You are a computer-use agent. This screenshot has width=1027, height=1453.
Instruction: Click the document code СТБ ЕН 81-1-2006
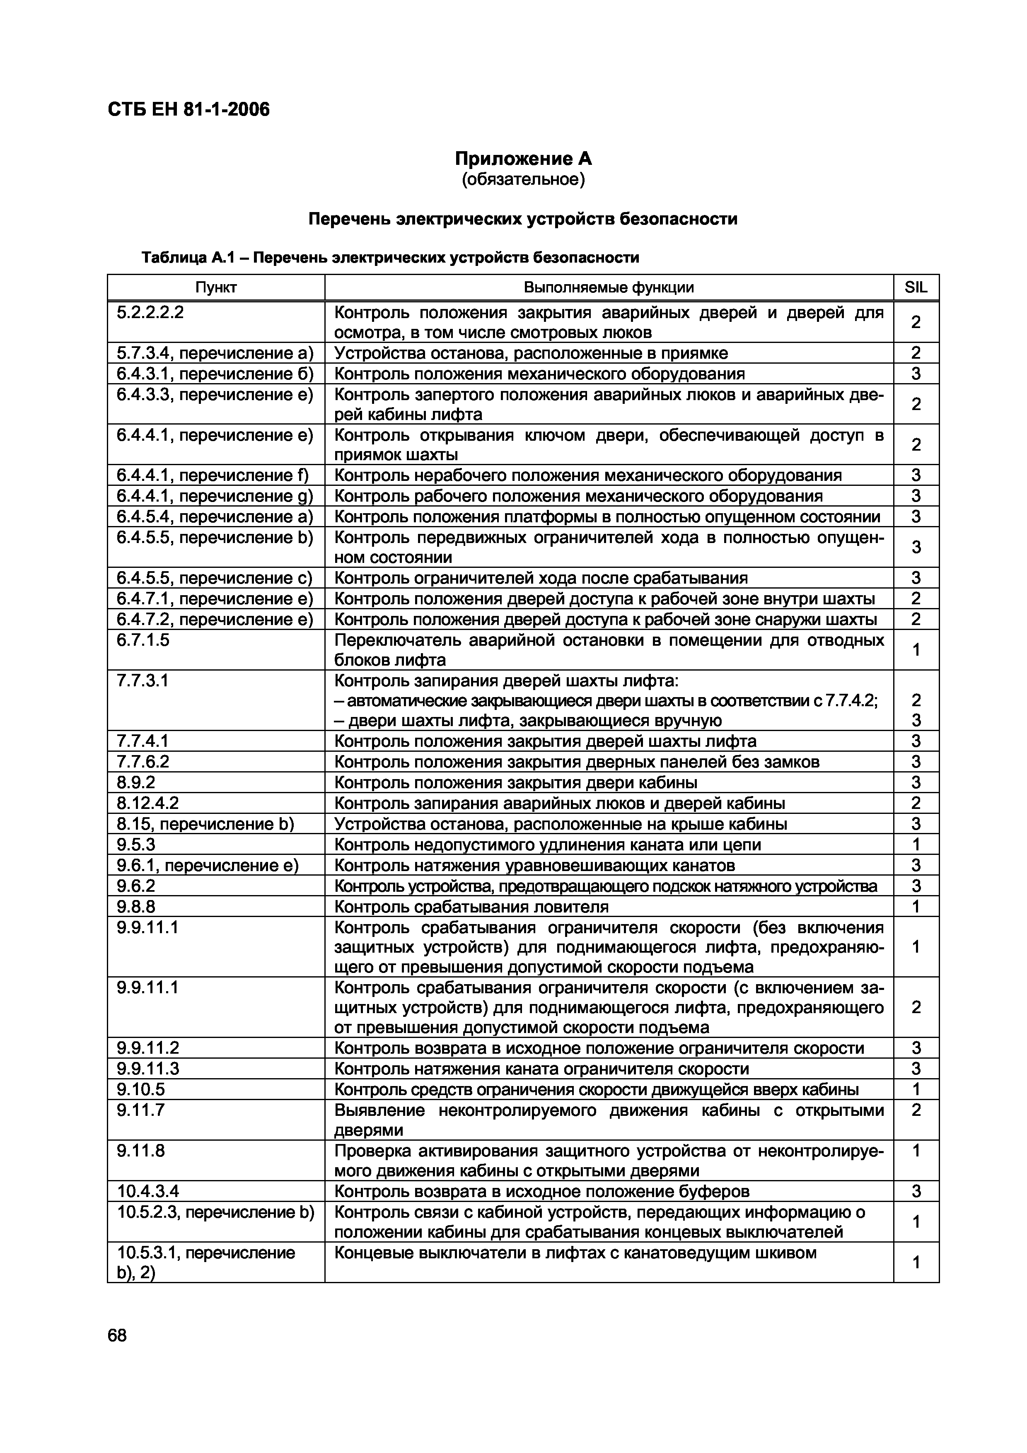(188, 109)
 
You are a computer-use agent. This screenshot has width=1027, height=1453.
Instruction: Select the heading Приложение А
(523, 158)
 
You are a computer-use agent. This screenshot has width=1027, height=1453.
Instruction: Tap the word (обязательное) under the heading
(523, 180)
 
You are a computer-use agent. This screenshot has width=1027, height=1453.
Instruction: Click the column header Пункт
(216, 287)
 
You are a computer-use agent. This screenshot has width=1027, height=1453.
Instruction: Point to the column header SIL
(916, 287)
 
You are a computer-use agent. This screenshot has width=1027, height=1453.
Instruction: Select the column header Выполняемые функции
(608, 287)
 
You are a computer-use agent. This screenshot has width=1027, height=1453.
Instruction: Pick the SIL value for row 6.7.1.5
(916, 650)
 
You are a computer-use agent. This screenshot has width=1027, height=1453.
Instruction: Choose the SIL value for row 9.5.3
(916, 845)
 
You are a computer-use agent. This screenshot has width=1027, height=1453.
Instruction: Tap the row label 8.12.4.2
(147, 803)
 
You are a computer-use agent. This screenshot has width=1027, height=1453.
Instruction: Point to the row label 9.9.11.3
(148, 1069)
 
